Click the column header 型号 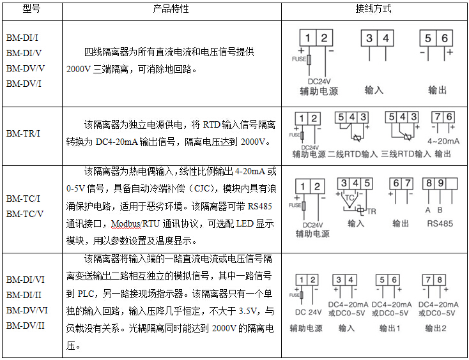pyautogui.click(x=31, y=10)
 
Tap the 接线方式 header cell pyautogui.click(x=373, y=10)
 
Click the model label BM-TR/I pyautogui.click(x=24, y=133)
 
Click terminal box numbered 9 pyautogui.click(x=440, y=183)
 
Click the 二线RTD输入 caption pyautogui.click(x=353, y=154)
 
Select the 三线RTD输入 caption pyautogui.click(x=405, y=154)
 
